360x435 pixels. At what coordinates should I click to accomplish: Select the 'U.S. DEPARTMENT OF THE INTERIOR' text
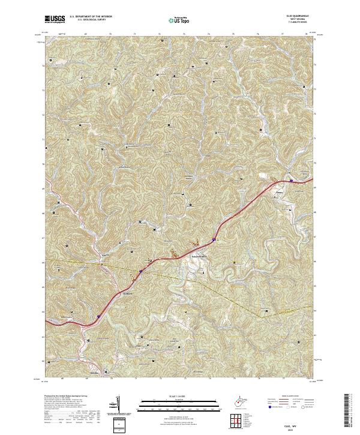(x=95, y=17)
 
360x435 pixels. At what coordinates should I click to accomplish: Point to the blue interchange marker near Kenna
(x=290, y=179)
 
